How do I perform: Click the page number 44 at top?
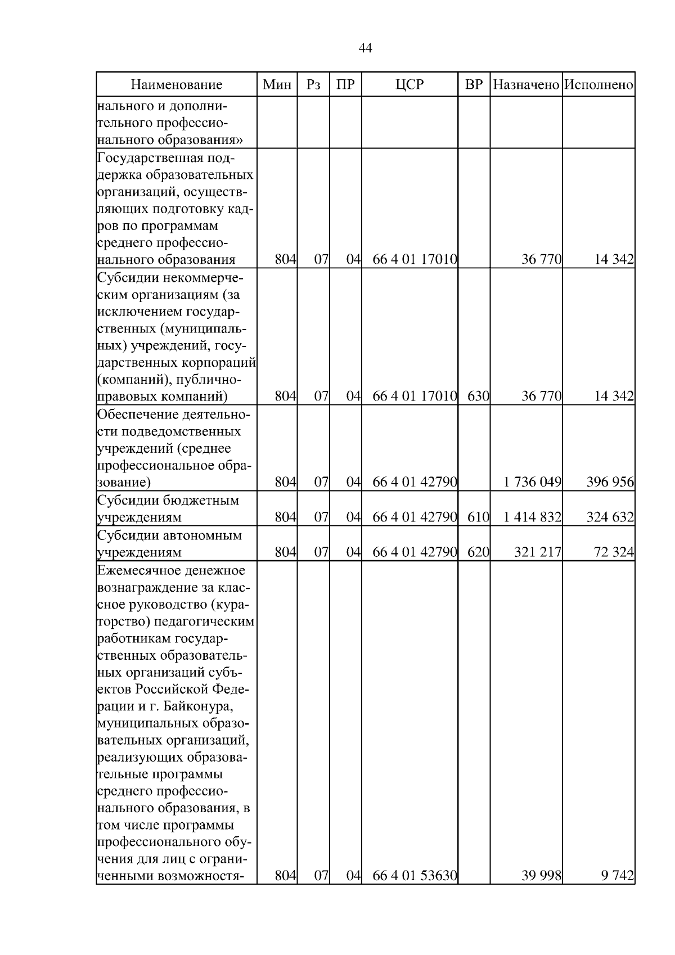point(365,48)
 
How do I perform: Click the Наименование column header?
point(177,85)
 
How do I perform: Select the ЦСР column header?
point(409,85)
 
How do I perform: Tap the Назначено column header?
point(526,85)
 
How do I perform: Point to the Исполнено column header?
point(598,85)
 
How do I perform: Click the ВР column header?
point(474,85)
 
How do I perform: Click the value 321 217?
point(538,552)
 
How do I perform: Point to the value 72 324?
point(614,552)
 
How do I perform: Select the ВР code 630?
point(478,396)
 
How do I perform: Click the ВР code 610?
point(478,517)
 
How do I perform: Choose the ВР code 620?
point(478,552)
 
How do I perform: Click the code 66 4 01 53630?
point(415,891)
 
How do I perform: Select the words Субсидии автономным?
point(169,535)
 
